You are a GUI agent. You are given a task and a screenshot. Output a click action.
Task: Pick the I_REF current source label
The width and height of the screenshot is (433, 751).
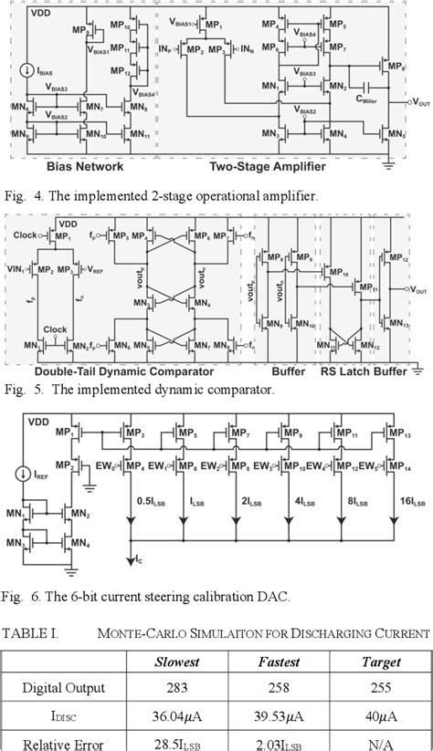(37, 475)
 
